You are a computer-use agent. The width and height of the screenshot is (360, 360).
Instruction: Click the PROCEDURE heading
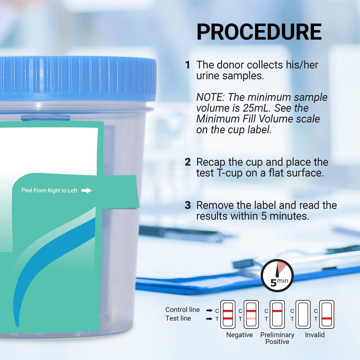click(x=259, y=32)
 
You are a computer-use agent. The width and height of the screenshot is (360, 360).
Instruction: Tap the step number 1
click(x=187, y=65)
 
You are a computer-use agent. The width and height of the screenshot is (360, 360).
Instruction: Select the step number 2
click(x=188, y=162)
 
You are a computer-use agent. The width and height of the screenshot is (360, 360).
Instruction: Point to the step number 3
click(x=188, y=205)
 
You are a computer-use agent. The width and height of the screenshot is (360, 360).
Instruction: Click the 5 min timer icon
click(x=277, y=276)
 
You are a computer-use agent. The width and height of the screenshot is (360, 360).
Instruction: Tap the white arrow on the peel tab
click(x=86, y=191)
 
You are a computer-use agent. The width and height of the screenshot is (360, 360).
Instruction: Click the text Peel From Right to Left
click(x=49, y=191)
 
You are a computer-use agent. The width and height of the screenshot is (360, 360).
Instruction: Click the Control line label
click(x=183, y=310)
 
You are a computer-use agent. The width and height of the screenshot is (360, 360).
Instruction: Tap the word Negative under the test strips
click(x=239, y=335)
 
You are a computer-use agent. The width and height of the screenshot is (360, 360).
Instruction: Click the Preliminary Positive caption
click(x=277, y=338)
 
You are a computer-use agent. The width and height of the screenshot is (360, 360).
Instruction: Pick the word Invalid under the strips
click(x=315, y=335)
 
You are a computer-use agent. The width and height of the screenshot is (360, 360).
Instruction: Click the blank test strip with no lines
click(x=303, y=314)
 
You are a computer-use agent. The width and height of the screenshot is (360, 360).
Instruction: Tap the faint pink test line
click(x=251, y=319)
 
